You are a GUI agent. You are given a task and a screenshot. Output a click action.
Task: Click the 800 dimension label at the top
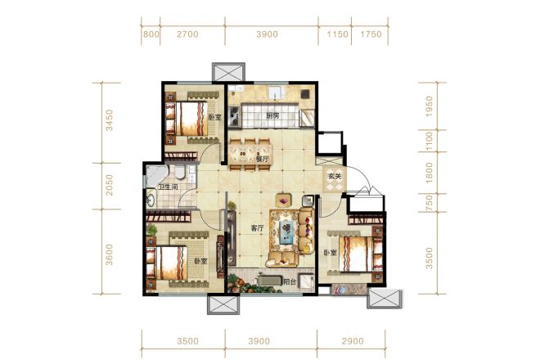[x=151, y=34]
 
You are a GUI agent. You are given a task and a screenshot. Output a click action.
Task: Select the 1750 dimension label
[x=371, y=34]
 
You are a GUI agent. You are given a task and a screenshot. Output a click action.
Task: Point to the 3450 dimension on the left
[x=109, y=120]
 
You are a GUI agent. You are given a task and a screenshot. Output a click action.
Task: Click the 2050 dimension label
[x=109, y=185]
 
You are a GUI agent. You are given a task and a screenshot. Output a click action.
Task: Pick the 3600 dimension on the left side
[x=109, y=254]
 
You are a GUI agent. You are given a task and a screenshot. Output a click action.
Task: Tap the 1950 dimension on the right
[x=429, y=106]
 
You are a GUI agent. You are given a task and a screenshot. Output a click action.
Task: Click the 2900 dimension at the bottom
[x=353, y=341]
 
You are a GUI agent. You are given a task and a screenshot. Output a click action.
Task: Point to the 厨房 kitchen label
[x=272, y=115]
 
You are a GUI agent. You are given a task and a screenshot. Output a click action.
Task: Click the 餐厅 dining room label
[x=262, y=159]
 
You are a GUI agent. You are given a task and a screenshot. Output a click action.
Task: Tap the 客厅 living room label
[x=257, y=228]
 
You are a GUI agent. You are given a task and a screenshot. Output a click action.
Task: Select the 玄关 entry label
[x=335, y=177]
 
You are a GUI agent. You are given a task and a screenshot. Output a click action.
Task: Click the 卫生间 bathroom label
[x=168, y=187]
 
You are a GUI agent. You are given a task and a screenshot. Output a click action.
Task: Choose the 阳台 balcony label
[x=290, y=281]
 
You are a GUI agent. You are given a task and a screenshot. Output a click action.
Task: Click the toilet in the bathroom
[x=180, y=172]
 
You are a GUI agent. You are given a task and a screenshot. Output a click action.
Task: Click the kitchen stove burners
[x=235, y=115]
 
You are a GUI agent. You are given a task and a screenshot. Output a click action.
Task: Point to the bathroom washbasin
[x=151, y=200]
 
